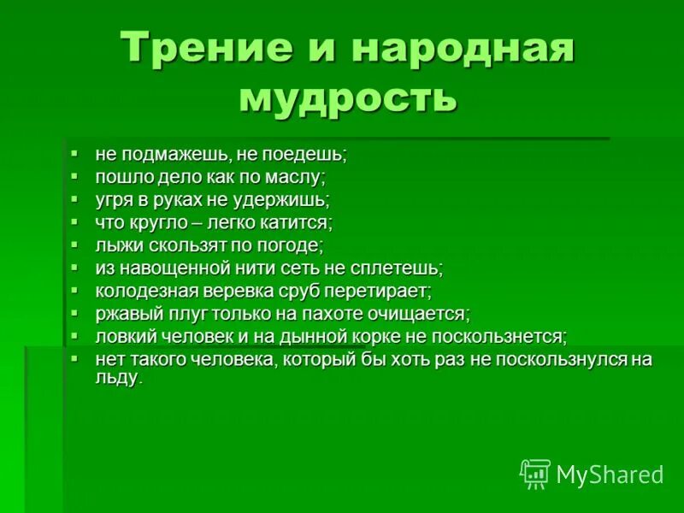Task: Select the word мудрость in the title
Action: pyautogui.click(x=348, y=96)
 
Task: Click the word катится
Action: pyautogui.click(x=299, y=223)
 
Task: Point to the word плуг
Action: pyautogui.click(x=179, y=314)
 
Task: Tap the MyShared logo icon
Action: pyautogui.click(x=534, y=473)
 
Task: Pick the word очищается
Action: pyautogui.click(x=418, y=314)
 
